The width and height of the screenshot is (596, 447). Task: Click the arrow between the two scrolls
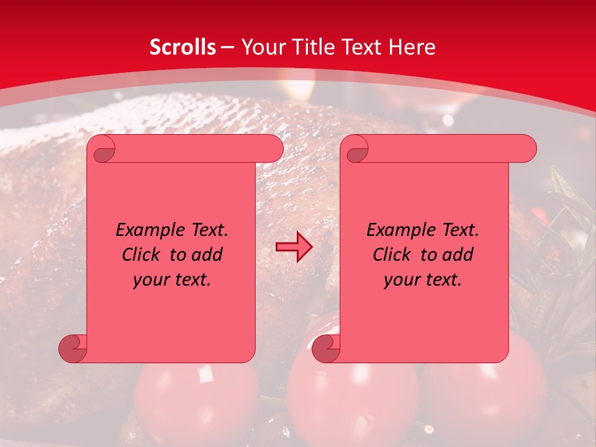click(294, 247)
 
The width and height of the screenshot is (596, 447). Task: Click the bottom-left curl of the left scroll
click(73, 348)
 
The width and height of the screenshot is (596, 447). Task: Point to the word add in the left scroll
click(207, 255)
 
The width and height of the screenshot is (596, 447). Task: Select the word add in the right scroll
click(458, 255)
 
